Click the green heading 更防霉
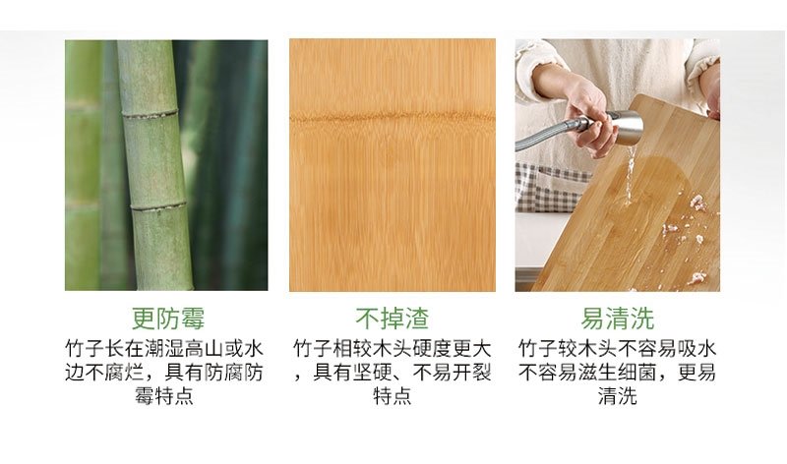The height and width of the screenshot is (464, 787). [x=168, y=319]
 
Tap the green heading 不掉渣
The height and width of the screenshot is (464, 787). [x=392, y=319]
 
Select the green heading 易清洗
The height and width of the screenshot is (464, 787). [x=618, y=319]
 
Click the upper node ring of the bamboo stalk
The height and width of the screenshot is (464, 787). [x=151, y=114]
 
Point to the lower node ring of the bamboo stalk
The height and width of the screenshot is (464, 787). [x=158, y=206]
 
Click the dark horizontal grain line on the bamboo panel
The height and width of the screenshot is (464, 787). [x=392, y=119]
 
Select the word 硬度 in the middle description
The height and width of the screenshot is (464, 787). [x=432, y=348]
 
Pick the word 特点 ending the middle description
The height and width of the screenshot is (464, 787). [x=392, y=396]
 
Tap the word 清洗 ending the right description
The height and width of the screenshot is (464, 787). [x=618, y=396]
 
